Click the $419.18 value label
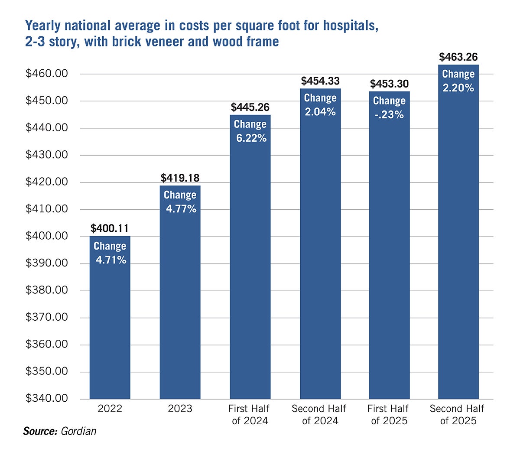[180, 178]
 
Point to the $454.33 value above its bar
[320, 81]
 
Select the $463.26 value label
[458, 57]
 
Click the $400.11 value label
[110, 228]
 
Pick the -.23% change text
[389, 115]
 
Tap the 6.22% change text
[251, 138]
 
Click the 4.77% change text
[181, 209]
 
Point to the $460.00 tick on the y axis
[47, 74]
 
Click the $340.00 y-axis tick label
[47, 398]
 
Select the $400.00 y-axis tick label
[47, 236]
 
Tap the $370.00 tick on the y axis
[47, 317]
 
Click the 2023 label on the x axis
[180, 409]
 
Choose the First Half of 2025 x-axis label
[389, 415]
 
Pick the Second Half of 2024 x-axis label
[319, 415]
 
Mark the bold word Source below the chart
[40, 431]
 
